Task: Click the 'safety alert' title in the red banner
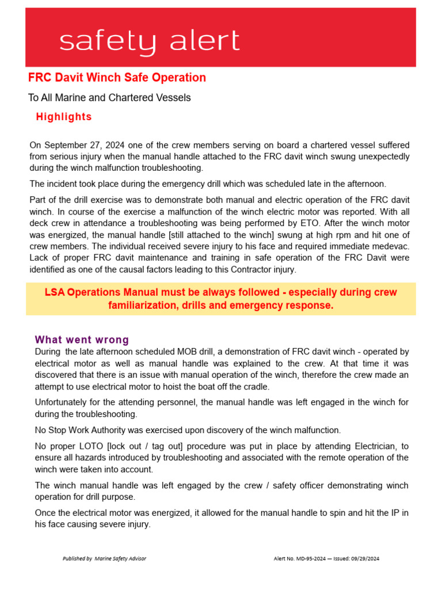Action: [149, 41]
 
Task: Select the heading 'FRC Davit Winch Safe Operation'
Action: [117, 78]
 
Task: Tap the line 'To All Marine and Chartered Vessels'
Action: [109, 98]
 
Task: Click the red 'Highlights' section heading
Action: [63, 117]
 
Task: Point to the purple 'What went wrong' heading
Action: [82, 340]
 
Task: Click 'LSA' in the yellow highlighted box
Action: [55, 292]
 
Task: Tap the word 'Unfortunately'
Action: [63, 402]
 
